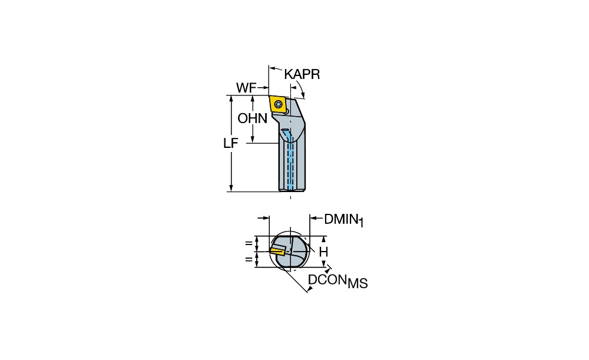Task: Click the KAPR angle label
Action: (302, 74)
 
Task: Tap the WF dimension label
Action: (246, 88)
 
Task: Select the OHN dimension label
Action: (253, 119)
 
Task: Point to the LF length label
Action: (231, 143)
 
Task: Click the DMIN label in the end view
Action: (340, 219)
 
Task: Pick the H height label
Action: (323, 252)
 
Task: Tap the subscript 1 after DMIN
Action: (361, 223)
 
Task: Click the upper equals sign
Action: (249, 243)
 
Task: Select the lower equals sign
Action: (249, 259)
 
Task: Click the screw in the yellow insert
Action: (279, 104)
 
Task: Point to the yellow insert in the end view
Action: (277, 250)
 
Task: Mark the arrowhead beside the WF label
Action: (264, 88)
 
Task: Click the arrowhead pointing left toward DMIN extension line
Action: (313, 218)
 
